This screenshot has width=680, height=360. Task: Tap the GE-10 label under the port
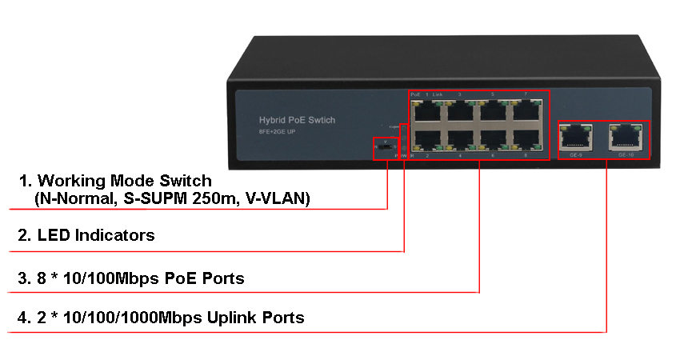[626, 154]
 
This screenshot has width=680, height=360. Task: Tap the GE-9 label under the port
[574, 154]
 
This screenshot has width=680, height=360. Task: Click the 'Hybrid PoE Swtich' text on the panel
[297, 120]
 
